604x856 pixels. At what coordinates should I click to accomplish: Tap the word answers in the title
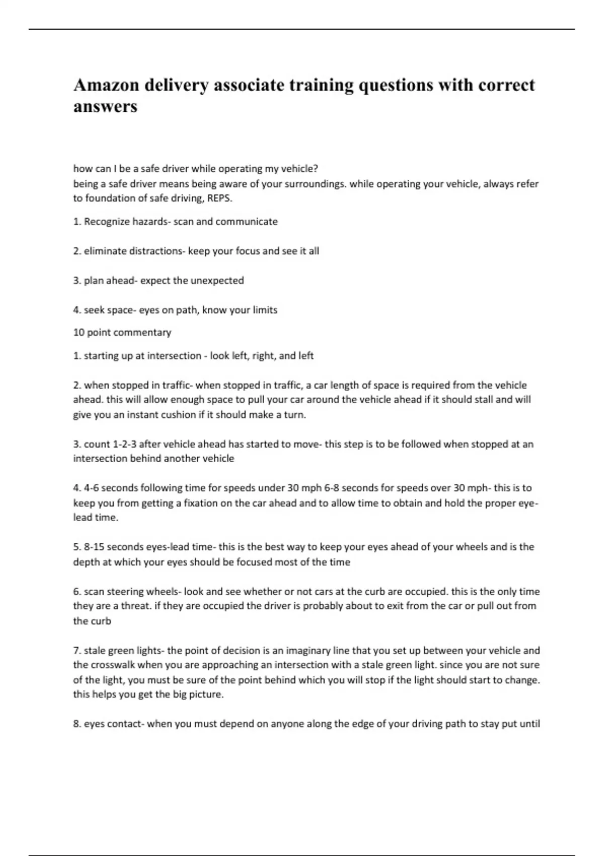(105, 107)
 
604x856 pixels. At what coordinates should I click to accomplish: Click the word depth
(86, 562)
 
